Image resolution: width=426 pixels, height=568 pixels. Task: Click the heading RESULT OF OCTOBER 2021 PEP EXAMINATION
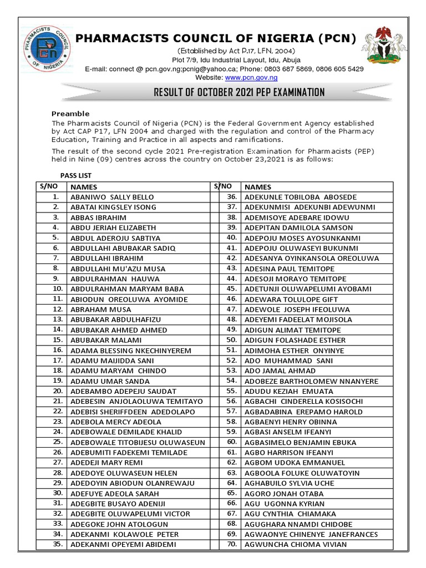pos(239,93)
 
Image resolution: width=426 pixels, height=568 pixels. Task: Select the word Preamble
pos(70,113)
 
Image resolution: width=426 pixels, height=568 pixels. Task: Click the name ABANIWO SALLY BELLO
pos(112,197)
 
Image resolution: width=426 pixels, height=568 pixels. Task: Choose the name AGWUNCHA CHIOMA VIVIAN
pos(296,544)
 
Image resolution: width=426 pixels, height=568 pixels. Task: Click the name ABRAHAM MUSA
pos(101,309)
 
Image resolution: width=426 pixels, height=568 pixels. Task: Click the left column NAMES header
pos(84,187)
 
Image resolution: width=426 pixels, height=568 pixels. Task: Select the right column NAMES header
pos(258,187)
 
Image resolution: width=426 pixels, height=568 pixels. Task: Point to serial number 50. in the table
pos(231,339)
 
